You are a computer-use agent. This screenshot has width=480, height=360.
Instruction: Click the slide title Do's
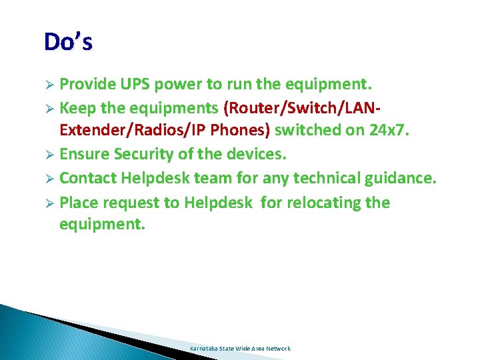pyautogui.click(x=68, y=42)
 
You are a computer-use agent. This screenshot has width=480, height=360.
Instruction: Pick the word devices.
pyautogui.click(x=254, y=155)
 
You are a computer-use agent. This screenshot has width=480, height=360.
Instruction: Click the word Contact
pyautogui.click(x=88, y=179)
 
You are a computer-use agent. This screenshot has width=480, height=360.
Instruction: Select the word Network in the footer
pyautogui.click(x=279, y=349)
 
